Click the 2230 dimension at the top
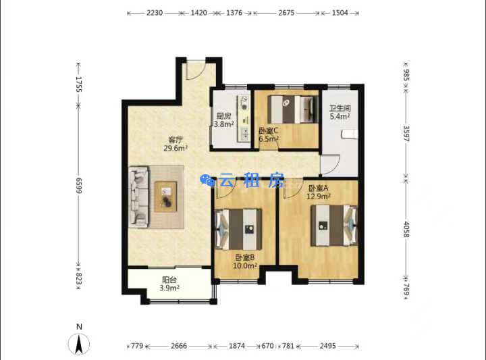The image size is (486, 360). (155, 13)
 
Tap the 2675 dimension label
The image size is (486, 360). (286, 13)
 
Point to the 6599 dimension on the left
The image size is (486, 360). (79, 186)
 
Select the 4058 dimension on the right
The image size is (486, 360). (406, 230)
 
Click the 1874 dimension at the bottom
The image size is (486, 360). (237, 346)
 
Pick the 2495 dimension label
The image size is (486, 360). (327, 346)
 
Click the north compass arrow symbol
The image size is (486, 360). (79, 344)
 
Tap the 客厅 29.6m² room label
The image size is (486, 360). (175, 144)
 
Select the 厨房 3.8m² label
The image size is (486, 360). (223, 120)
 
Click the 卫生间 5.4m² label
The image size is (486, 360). (340, 112)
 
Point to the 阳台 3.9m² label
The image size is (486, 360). (169, 284)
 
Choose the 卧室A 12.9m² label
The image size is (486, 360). (319, 192)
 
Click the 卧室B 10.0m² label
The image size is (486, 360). (245, 261)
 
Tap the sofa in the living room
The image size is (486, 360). (138, 197)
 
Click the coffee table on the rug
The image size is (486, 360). (166, 197)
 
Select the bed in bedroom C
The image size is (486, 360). (293, 109)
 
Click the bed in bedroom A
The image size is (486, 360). (334, 226)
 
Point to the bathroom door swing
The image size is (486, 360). (330, 164)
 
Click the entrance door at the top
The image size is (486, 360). (196, 70)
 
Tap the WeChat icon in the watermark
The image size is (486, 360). (207, 180)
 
